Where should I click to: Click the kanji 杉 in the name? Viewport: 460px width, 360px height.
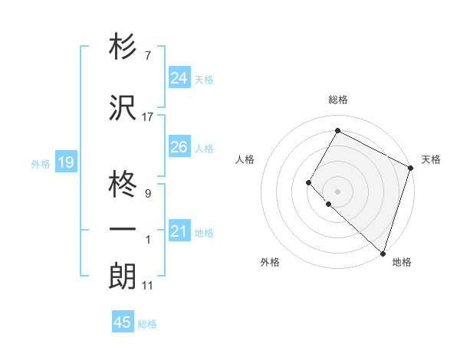click(123, 47)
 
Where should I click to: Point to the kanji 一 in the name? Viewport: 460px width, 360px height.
click(123, 230)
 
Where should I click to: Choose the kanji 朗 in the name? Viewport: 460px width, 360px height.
click(123, 275)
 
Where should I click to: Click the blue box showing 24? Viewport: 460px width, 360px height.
click(179, 78)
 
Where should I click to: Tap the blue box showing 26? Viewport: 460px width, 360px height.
click(179, 147)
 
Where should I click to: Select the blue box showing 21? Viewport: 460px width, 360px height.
click(179, 231)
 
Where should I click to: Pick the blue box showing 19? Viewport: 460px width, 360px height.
click(65, 162)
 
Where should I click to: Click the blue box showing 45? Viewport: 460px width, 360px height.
click(123, 322)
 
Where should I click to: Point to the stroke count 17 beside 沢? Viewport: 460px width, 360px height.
click(148, 117)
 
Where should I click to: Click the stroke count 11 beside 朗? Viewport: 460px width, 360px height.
click(148, 286)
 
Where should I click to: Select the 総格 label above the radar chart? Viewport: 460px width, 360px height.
click(338, 100)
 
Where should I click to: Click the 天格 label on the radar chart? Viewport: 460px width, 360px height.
click(431, 159)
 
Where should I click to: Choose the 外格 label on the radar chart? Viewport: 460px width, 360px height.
click(270, 262)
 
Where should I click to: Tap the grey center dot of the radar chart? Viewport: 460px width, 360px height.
click(337, 191)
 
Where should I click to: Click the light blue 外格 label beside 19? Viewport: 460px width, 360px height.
click(41, 163)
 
